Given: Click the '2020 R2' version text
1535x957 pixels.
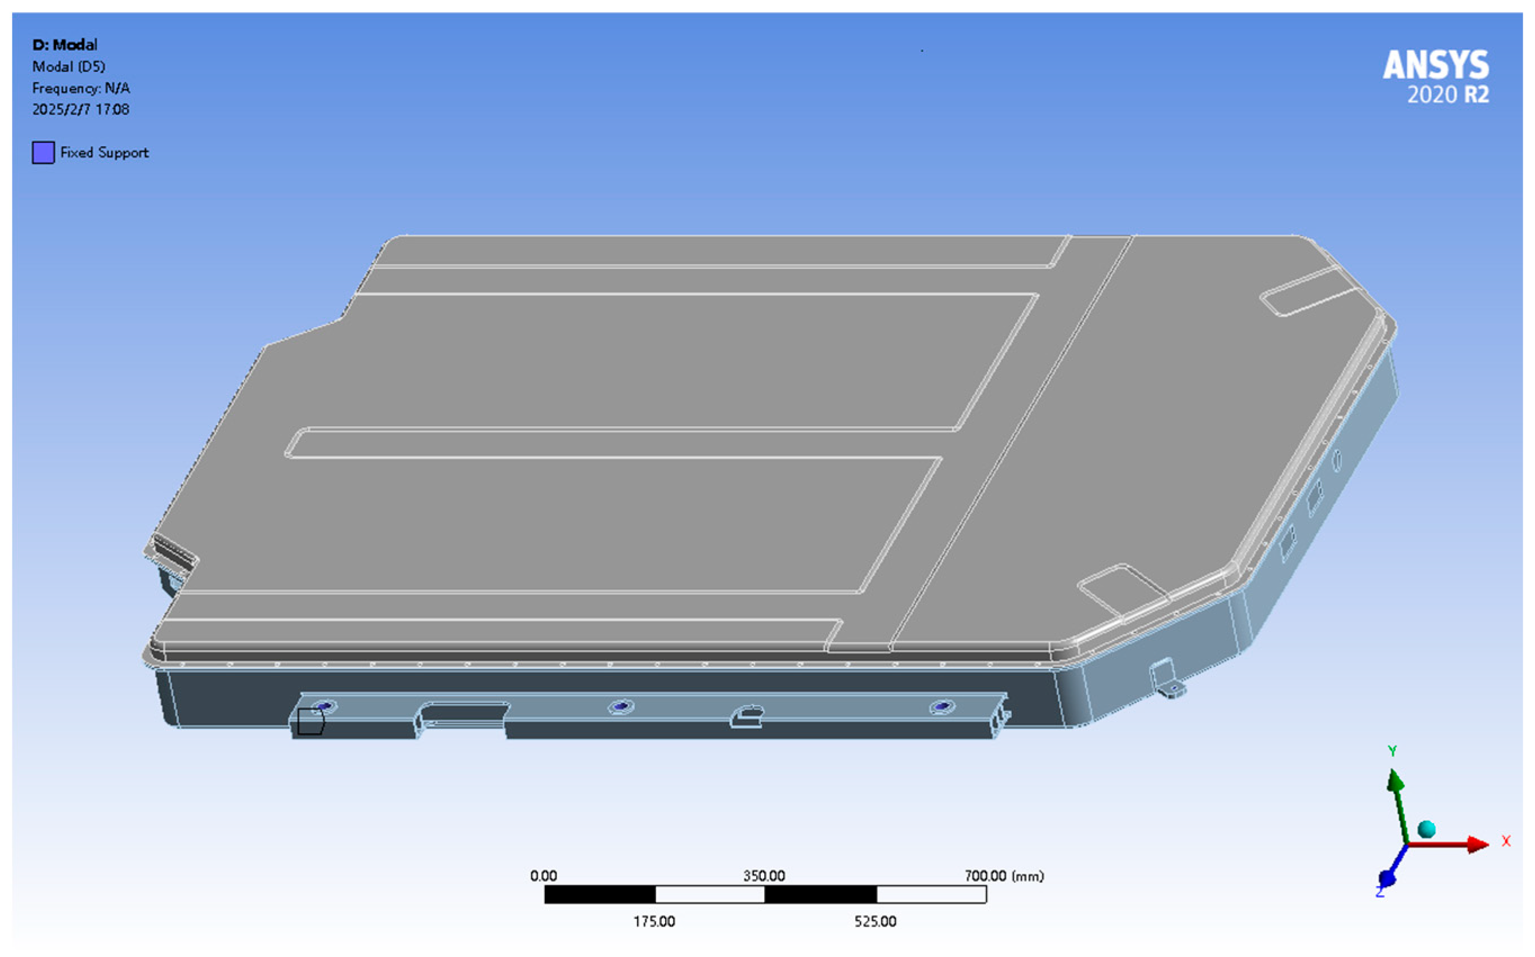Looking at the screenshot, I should tap(1448, 96).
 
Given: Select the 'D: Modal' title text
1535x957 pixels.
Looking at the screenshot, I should tap(65, 45).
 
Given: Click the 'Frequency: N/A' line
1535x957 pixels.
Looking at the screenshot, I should tap(81, 88).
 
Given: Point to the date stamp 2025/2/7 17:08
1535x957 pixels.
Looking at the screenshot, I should tap(80, 110).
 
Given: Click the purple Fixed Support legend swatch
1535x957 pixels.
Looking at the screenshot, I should tap(43, 152).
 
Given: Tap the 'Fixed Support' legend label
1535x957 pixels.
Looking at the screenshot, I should tap(105, 152).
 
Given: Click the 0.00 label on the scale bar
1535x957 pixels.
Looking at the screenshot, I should tap(544, 876).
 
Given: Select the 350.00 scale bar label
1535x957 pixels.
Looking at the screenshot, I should tap(764, 876).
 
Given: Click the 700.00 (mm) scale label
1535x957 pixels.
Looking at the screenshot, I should tap(1004, 876).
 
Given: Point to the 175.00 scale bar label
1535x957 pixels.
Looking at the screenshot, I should tap(654, 922).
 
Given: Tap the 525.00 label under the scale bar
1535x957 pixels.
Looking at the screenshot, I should tap(875, 922).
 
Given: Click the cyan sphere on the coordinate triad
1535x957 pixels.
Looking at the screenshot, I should tap(1426, 829).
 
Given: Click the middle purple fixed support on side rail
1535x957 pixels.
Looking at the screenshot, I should tap(621, 706).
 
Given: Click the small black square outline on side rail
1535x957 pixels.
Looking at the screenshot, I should tap(310, 721).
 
